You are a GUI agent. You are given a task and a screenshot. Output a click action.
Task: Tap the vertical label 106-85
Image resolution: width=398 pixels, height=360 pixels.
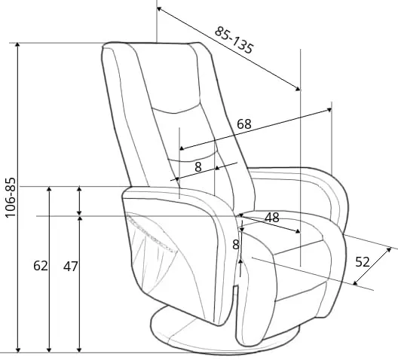point(11,198)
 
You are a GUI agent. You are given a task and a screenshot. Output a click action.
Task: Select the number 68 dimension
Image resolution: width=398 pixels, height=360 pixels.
point(244,124)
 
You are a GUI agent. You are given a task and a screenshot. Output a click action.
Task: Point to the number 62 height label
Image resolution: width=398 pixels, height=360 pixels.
point(41,266)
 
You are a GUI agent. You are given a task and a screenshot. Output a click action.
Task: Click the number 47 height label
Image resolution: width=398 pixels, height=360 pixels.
point(70,267)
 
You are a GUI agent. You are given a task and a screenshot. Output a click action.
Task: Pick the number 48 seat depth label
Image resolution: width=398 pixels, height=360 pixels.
point(272,218)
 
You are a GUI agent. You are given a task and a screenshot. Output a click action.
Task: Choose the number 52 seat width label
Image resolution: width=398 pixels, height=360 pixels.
point(363,262)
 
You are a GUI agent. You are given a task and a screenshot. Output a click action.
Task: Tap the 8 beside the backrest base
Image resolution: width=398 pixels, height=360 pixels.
point(198,167)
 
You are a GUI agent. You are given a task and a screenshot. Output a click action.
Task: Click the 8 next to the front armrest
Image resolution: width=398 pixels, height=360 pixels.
point(236,245)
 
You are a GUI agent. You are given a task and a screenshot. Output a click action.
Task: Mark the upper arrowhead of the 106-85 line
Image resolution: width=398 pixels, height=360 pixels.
point(17,45)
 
